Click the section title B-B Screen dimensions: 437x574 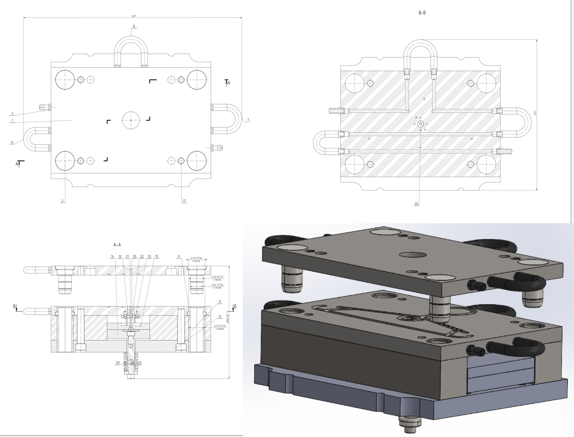tap(422, 13)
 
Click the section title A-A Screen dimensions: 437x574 tap(117, 245)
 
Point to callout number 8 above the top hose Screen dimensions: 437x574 tap(134, 26)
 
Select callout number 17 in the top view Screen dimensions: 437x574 tap(184, 201)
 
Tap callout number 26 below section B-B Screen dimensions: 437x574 tap(416, 204)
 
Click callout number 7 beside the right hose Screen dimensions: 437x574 tap(248, 120)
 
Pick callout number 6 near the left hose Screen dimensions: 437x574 tap(12, 142)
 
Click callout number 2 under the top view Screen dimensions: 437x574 tap(63, 201)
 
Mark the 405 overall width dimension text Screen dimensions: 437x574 tap(134, 16)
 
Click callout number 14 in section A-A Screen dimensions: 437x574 tap(113, 257)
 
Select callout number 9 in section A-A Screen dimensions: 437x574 tap(178, 257)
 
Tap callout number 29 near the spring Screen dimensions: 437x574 tap(118, 363)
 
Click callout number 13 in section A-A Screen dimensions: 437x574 tap(220, 317)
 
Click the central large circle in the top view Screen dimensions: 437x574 tap(131, 120)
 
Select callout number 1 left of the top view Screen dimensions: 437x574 tap(12, 121)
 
